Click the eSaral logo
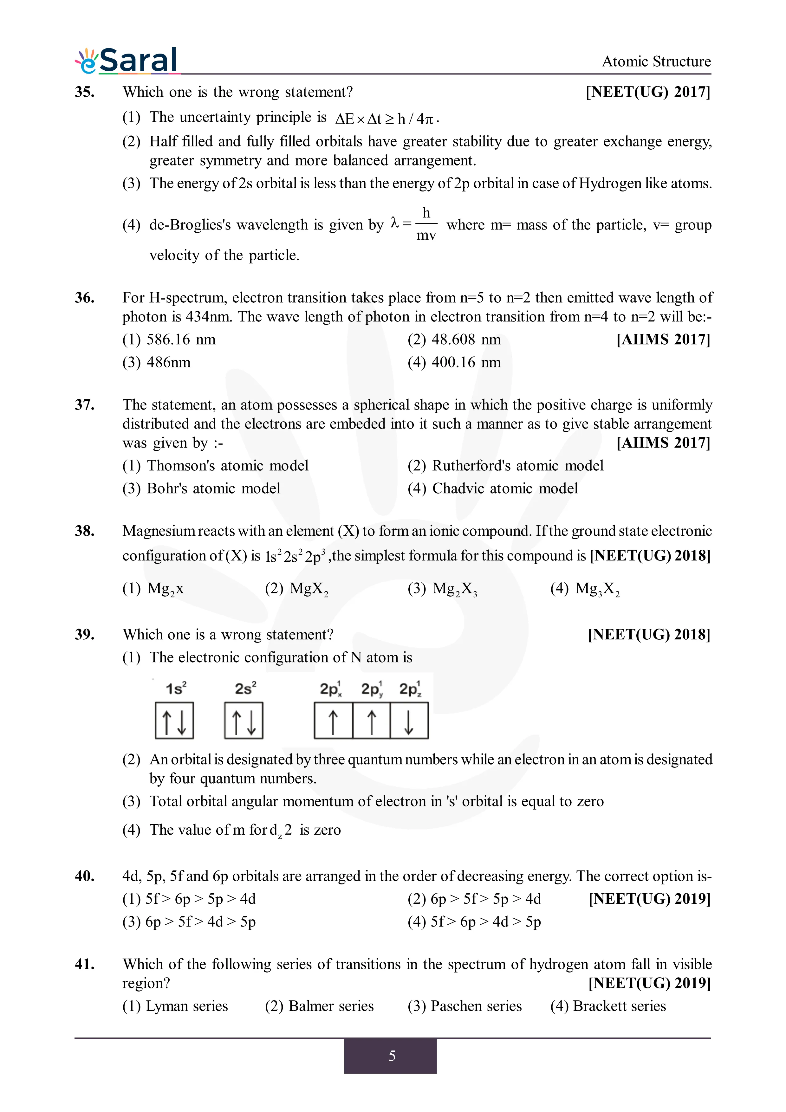[x=127, y=61]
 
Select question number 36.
[x=84, y=297]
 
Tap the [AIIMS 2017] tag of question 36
[x=663, y=339]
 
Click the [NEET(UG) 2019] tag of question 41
[x=649, y=983]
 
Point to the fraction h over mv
[x=426, y=224]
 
